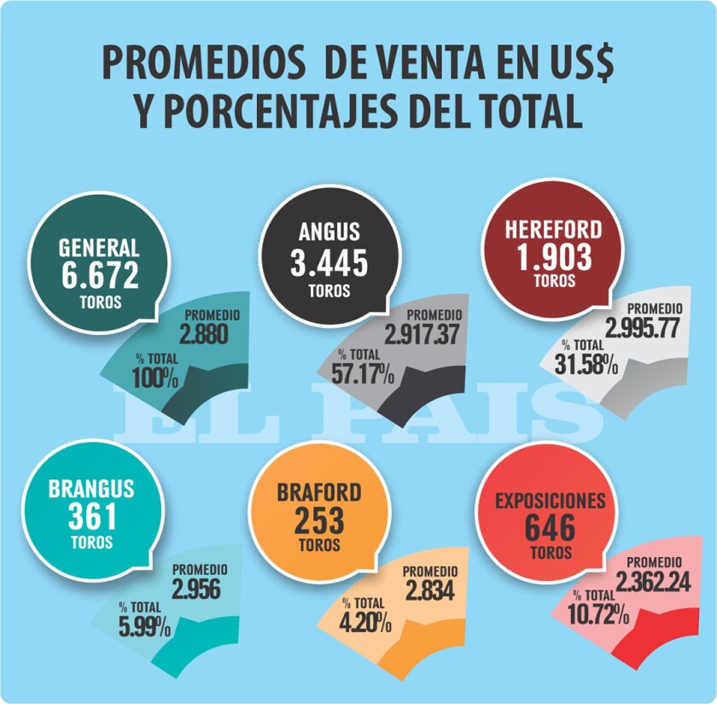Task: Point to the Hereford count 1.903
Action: pos(553,258)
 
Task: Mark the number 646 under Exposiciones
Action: pos(551,527)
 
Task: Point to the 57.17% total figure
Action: pos(364,373)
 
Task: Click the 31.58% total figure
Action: pos(589,362)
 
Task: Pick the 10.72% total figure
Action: pos(601,613)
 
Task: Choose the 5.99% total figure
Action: pos(144,627)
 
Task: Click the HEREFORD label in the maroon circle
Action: pos(553,230)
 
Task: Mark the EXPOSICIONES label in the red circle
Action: pos(551,500)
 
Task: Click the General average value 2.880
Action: pos(204,335)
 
